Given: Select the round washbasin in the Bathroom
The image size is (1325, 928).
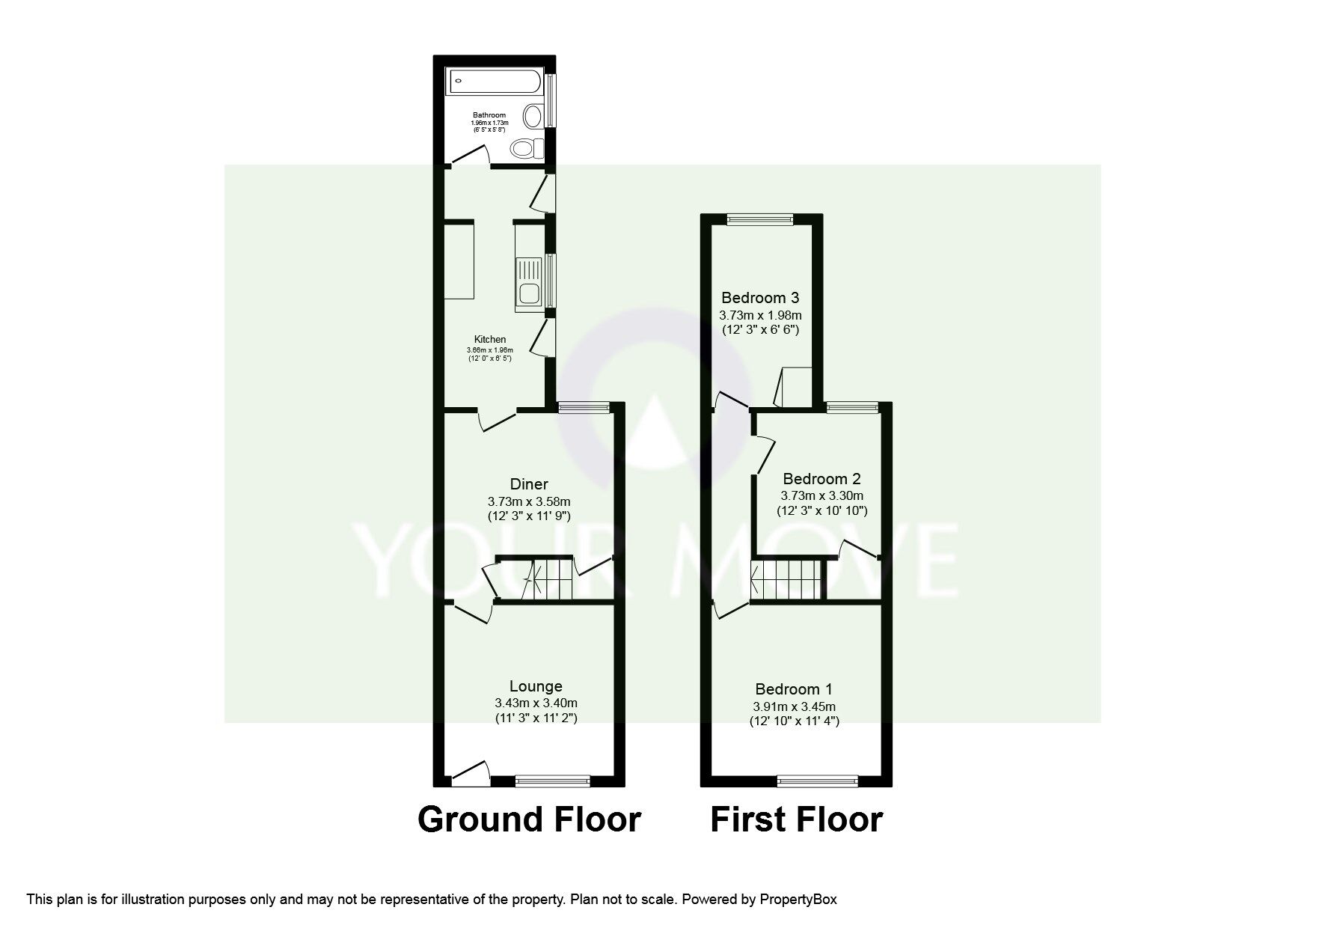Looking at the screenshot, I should coord(533,117).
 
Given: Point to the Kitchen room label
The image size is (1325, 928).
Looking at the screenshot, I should coord(489,340).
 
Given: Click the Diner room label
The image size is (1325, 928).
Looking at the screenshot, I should coord(529,484).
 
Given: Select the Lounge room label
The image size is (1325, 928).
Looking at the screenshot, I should coord(536,686).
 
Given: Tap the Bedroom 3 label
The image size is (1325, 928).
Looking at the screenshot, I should coord(760,298).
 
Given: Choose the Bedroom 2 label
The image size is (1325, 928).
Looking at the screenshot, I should coord(821,479).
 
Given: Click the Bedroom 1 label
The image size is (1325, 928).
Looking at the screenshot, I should coord(794,689).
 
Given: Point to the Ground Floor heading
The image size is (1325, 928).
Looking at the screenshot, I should coord(529,819).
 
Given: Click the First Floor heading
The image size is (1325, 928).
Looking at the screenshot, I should coord(796,819).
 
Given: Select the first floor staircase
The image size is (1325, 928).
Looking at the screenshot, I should coord(786,579).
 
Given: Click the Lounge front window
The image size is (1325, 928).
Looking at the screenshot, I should coord(552,781).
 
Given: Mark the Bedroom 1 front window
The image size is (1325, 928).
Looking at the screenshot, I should coord(818,781).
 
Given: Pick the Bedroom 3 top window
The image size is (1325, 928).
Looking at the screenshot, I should coord(759,219).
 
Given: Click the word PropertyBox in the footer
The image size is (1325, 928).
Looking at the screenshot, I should coord(798,900).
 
